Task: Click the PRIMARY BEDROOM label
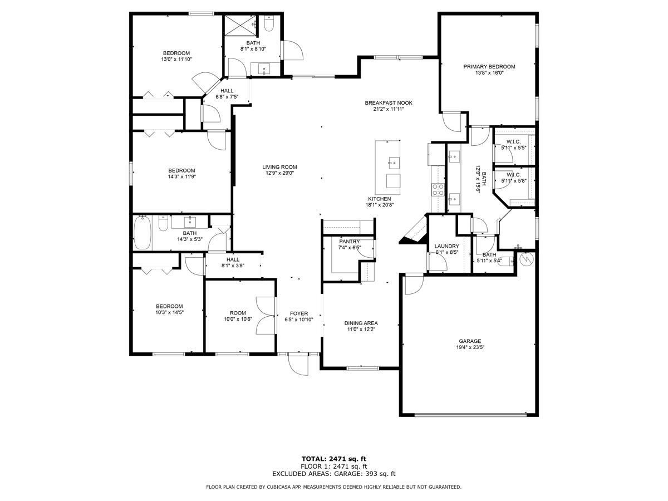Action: [489, 67]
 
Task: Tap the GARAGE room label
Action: [470, 341]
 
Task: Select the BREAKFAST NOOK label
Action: [389, 103]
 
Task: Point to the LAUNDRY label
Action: [446, 246]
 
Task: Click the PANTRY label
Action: [349, 242]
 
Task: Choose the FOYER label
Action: [298, 313]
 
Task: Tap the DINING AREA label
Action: [361, 323]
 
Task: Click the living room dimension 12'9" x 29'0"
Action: [279, 173]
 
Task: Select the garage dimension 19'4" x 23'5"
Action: [470, 347]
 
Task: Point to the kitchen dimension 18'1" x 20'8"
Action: [380, 205]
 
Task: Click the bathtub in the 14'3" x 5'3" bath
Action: [143, 233]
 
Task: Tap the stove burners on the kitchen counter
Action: [438, 189]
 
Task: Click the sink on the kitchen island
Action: [394, 163]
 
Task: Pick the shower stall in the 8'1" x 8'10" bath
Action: [240, 26]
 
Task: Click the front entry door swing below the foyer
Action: [298, 365]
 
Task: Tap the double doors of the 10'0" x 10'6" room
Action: [266, 316]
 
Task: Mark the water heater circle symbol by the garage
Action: [527, 259]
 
